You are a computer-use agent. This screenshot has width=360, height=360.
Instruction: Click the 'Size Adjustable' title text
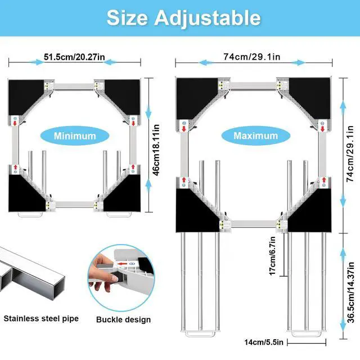pyautogui.click(x=184, y=18)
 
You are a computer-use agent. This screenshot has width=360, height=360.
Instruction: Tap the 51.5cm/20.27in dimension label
pyautogui.click(x=74, y=57)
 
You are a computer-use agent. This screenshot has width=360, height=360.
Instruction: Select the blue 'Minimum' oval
pyautogui.click(x=75, y=136)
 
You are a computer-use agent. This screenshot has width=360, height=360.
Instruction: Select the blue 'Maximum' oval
pyautogui.click(x=255, y=136)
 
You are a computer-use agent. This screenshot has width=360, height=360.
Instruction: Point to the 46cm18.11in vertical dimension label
pyautogui.click(x=156, y=150)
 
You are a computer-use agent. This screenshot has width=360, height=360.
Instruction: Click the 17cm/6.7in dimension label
pyautogui.click(x=272, y=256)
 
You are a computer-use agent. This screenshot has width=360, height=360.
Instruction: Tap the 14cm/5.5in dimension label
pyautogui.click(x=264, y=343)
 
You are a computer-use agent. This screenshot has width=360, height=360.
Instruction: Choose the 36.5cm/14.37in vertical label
pyautogui.click(x=351, y=292)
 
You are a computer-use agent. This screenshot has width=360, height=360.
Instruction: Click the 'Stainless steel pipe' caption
pyautogui.click(x=41, y=319)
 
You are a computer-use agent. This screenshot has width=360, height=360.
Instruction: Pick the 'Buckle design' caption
pyautogui.click(x=123, y=319)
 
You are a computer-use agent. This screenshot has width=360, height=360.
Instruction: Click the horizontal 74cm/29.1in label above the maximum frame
pyautogui.click(x=252, y=57)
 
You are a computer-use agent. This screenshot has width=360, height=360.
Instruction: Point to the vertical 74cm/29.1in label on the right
pyautogui.click(x=350, y=154)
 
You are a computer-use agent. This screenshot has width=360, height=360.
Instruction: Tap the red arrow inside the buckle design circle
pyautogui.click(x=123, y=264)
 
